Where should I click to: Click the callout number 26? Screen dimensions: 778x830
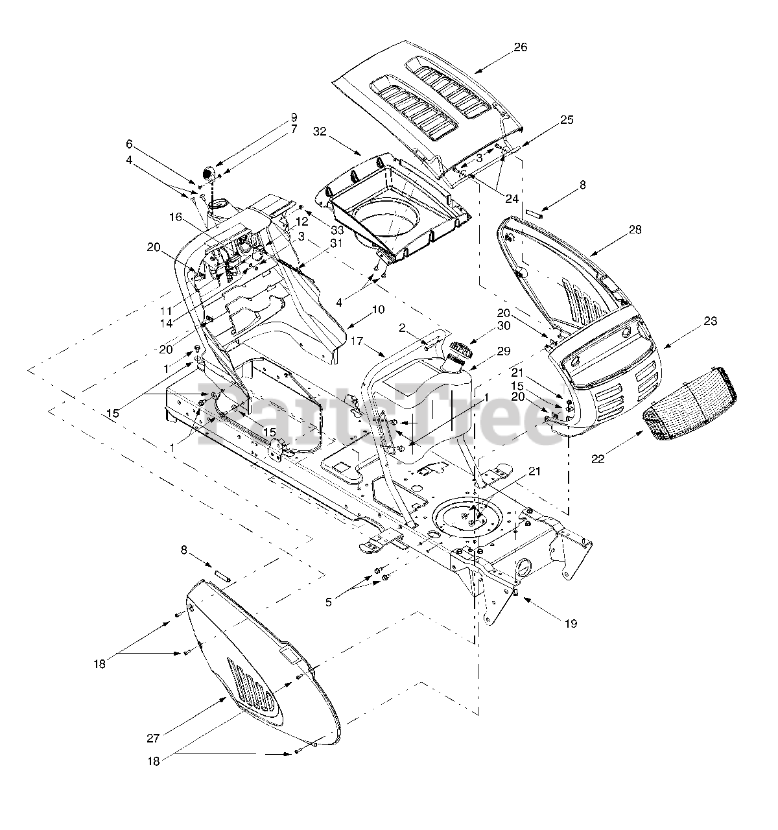(x=521, y=47)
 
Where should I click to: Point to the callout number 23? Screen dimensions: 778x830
(x=711, y=321)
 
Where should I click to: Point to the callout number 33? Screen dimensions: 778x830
(x=318, y=231)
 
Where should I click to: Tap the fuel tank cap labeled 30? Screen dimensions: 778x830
(x=458, y=351)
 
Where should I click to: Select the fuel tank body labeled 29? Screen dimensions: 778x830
(x=425, y=409)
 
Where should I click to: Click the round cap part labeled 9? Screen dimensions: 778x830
(x=209, y=174)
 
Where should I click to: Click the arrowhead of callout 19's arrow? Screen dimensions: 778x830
(x=523, y=598)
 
